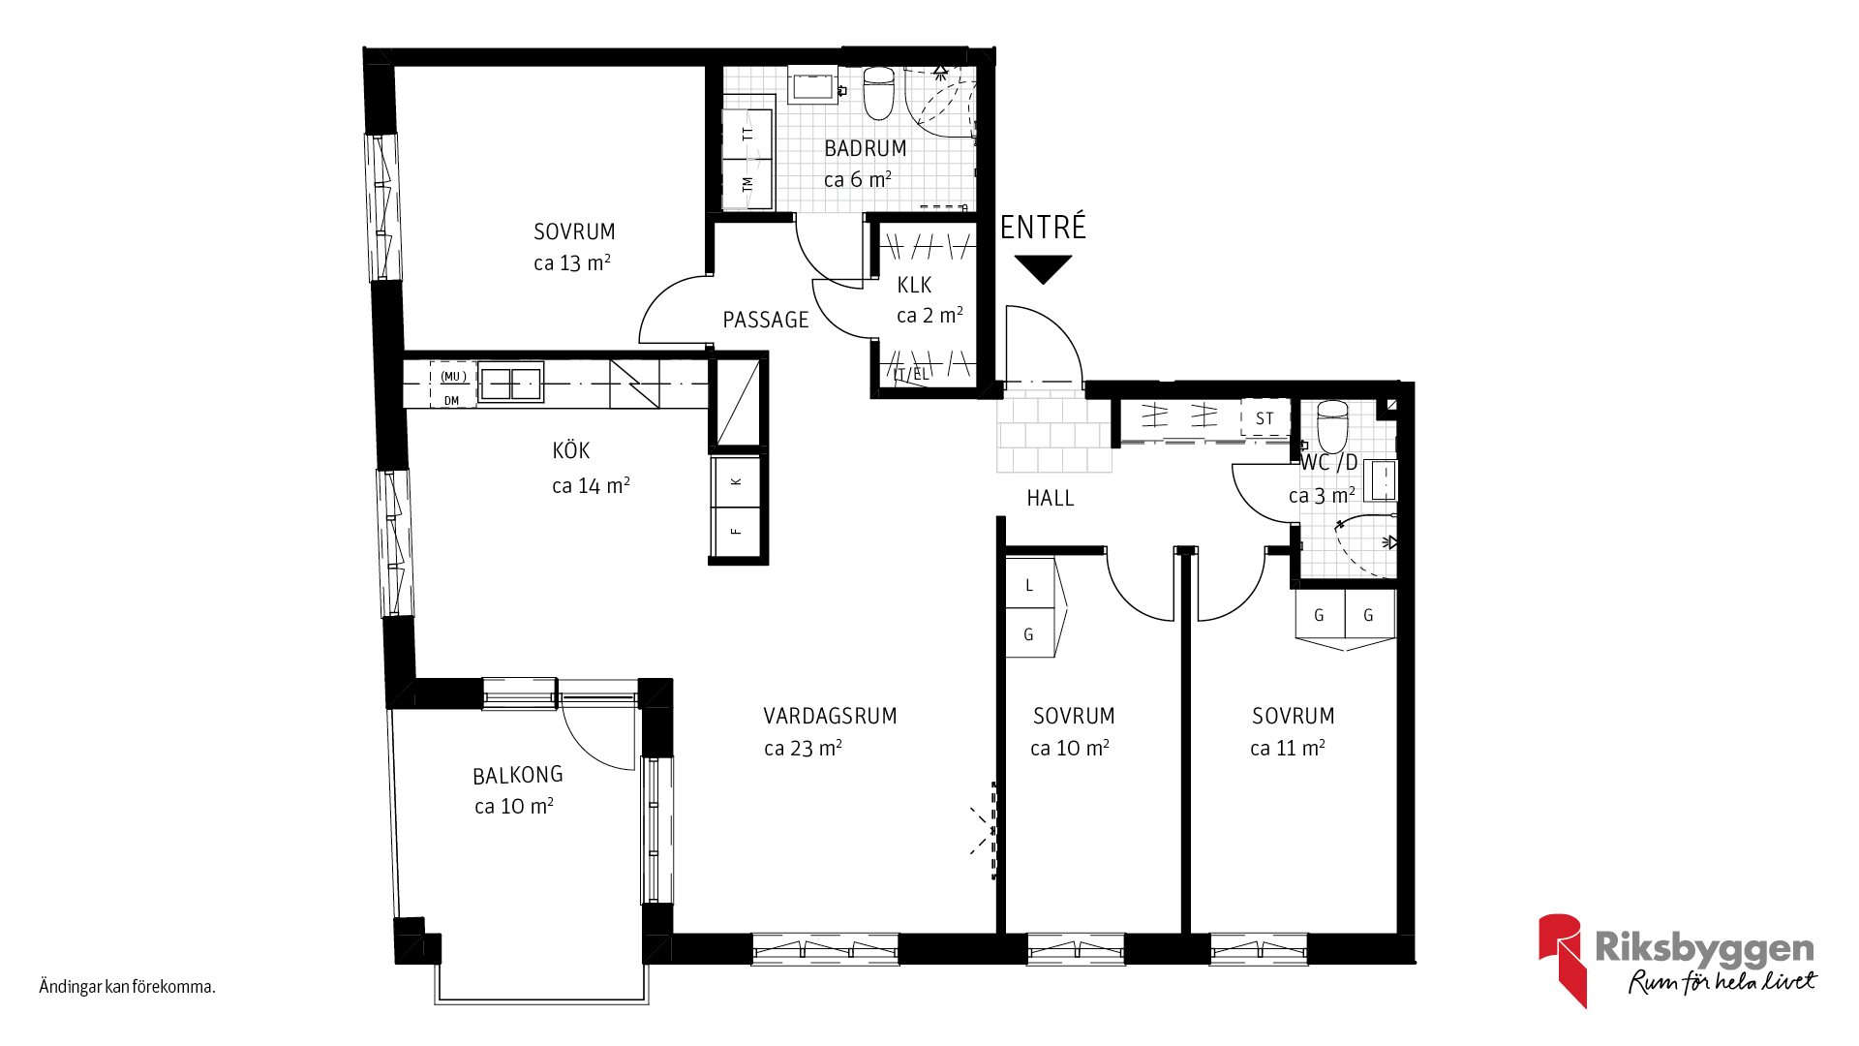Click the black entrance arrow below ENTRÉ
click(1043, 267)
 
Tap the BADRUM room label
click(865, 149)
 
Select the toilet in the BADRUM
click(878, 93)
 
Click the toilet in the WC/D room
click(1332, 426)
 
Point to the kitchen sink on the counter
click(510, 383)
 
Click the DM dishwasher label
click(451, 400)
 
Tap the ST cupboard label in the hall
click(1265, 418)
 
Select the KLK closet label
click(914, 286)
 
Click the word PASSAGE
click(765, 320)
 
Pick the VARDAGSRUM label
click(830, 717)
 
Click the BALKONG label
click(517, 775)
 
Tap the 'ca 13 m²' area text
click(571, 262)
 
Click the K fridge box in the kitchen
click(737, 481)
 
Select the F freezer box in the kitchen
click(737, 532)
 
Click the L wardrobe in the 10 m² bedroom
click(1029, 584)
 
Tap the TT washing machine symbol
click(747, 134)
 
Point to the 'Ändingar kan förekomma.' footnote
click(127, 987)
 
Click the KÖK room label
click(570, 450)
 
